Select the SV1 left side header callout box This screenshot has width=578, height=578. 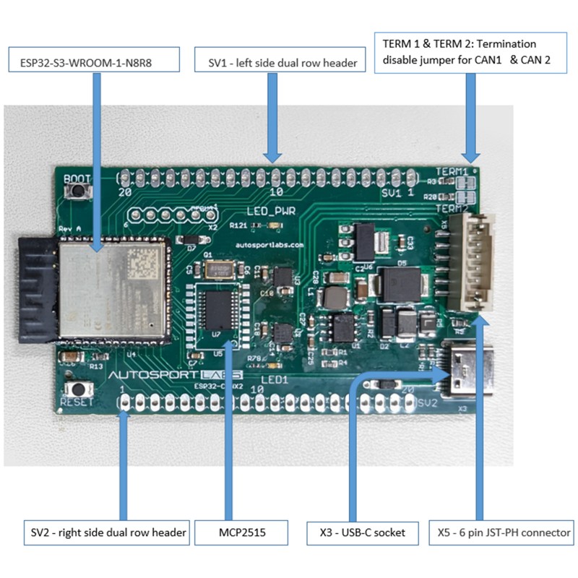pos(277,62)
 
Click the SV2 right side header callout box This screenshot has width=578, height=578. pos(105,533)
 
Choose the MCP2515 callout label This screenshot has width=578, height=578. pos(242,533)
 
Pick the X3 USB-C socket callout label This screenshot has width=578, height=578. pos(366,533)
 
